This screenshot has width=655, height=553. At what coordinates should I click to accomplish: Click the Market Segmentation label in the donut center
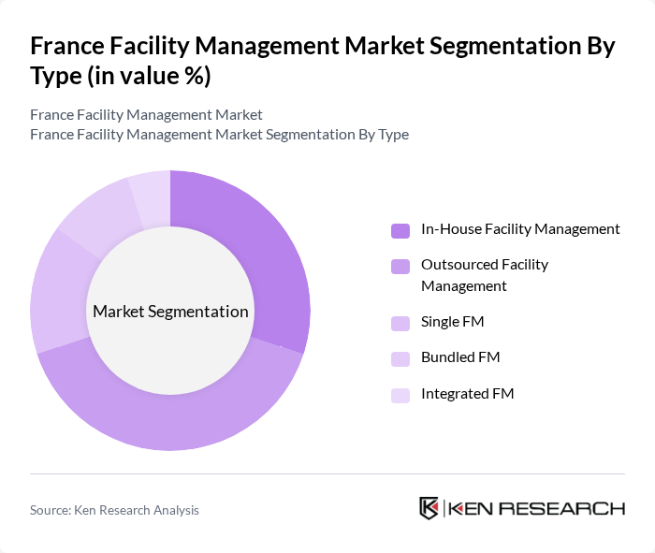click(170, 312)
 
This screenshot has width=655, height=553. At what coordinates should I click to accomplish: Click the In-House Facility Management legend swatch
click(400, 230)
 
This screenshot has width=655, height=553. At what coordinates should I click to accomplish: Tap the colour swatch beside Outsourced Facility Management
click(400, 267)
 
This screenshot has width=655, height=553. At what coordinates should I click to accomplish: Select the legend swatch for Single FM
click(400, 323)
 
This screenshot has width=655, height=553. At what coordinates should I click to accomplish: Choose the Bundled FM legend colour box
click(400, 358)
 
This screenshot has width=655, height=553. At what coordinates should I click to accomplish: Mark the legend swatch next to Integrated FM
click(400, 395)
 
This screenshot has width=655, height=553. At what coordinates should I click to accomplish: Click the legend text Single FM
click(452, 322)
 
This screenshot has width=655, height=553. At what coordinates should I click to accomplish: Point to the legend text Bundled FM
click(460, 357)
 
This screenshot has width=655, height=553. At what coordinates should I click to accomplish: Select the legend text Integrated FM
click(468, 394)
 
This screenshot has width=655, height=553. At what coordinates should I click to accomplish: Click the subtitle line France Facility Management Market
click(146, 115)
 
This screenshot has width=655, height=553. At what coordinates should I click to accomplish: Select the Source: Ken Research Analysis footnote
click(114, 510)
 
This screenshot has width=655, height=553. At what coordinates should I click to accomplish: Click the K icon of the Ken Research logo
click(429, 508)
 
